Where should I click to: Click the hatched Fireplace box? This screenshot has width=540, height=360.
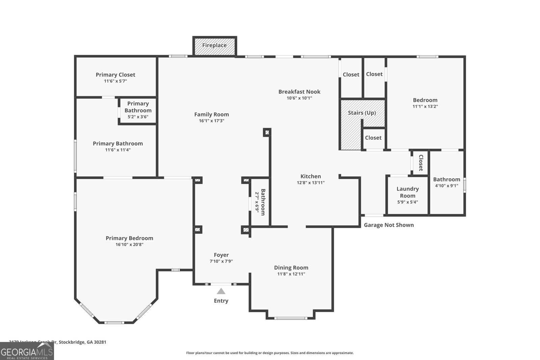[x=215, y=46]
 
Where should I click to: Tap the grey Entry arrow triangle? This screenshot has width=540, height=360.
[x=221, y=291]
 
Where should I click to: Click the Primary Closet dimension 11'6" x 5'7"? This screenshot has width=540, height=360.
[x=115, y=81]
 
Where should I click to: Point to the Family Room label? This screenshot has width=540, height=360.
[x=212, y=114]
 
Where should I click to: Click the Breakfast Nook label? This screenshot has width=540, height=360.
[x=299, y=91]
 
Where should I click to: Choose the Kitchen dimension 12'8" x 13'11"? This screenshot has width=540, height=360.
[x=310, y=183]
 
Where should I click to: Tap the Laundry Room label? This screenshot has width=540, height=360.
[x=408, y=192]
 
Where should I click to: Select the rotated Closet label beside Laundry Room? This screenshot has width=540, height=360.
[x=421, y=163]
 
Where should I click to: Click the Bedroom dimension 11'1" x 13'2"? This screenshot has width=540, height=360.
[x=425, y=106]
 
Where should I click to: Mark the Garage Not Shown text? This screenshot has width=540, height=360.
[x=389, y=225]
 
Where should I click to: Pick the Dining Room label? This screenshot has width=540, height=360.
[x=291, y=268]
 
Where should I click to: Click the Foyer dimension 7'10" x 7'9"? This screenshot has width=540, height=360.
[x=221, y=261]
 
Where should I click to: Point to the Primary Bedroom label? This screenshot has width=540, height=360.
[x=129, y=238]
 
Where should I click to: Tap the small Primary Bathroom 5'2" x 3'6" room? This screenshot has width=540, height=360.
[x=138, y=110]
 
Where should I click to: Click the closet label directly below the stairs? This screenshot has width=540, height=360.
[x=373, y=138]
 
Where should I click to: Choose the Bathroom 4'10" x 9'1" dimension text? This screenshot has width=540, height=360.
[x=447, y=186]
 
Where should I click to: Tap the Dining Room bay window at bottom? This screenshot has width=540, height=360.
[x=291, y=318]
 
